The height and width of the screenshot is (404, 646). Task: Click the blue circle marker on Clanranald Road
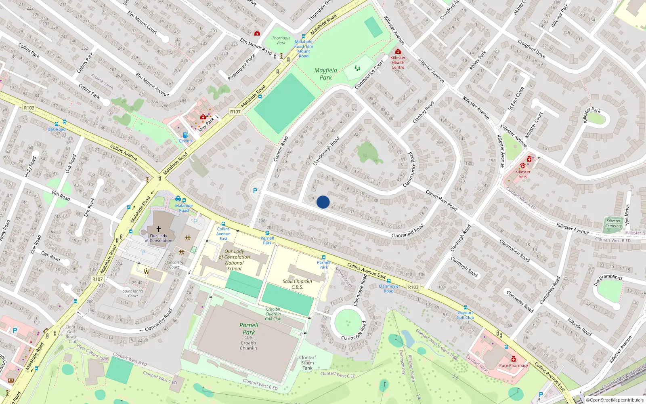[323, 202]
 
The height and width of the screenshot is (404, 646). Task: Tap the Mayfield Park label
[325, 74]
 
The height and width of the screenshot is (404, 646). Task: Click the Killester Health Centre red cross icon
[398, 52]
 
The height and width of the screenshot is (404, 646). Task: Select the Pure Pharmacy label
[513, 365]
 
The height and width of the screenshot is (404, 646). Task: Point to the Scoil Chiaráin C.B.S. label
[297, 284]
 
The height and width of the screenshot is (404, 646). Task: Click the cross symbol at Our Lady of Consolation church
[159, 229]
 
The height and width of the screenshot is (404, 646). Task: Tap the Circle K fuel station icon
[185, 135]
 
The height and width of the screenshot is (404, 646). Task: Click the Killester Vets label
[522, 174]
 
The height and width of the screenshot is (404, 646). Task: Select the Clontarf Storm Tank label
[307, 363]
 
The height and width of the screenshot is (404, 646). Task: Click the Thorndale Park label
[281, 40]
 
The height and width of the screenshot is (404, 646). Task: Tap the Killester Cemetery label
[613, 223]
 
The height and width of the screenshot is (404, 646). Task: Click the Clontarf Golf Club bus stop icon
[465, 308]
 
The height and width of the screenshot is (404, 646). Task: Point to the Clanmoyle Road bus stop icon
[388, 281]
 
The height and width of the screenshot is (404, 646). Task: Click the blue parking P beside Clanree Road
[255, 191]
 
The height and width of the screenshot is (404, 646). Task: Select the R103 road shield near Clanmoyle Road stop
[413, 287]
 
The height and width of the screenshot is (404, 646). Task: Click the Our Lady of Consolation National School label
[234, 260]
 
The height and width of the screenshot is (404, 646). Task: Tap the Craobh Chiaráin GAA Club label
[273, 314]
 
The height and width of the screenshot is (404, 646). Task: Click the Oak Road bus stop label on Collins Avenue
[56, 129]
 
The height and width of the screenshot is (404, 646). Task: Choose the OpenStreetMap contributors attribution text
[615, 400]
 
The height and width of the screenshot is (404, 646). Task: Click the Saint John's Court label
[133, 293]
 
